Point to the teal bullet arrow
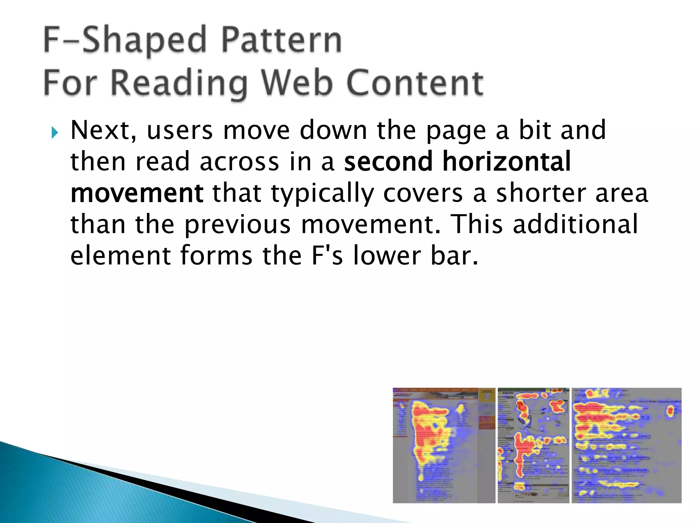[x=55, y=132]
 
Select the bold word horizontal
[x=506, y=161]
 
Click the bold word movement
[x=137, y=193]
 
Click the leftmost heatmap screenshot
[x=444, y=445]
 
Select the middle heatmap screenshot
[x=533, y=445]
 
